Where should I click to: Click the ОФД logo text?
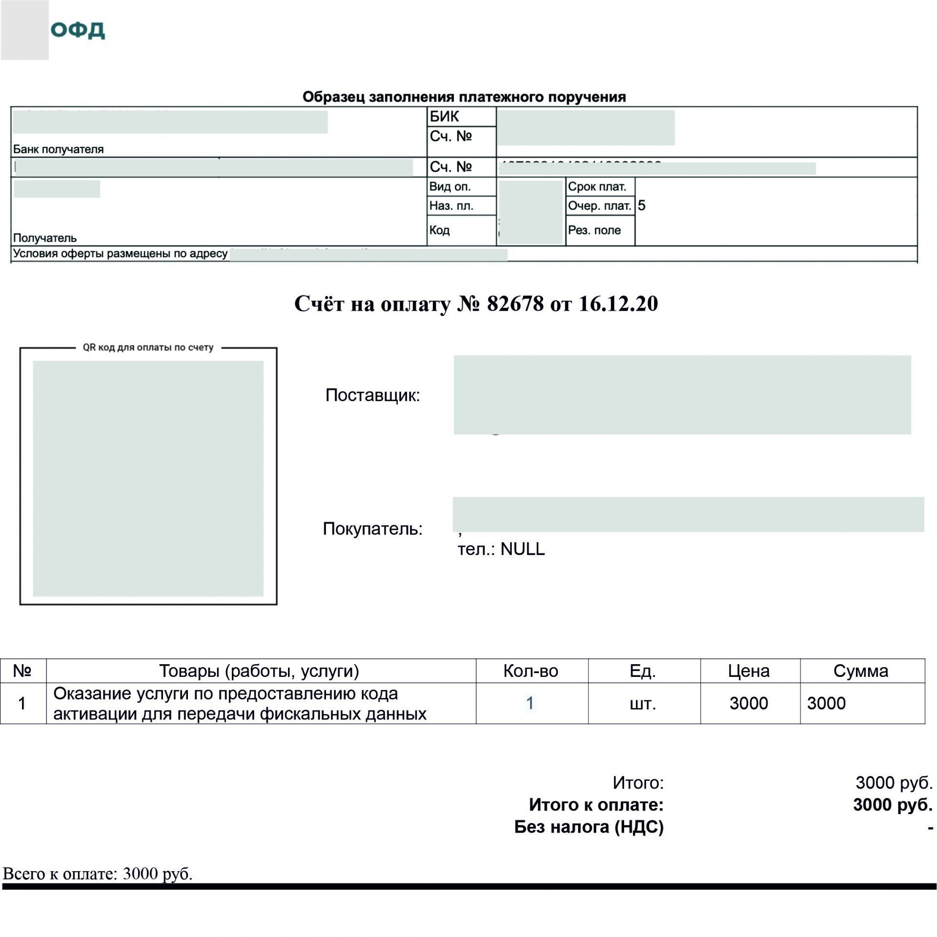(78, 30)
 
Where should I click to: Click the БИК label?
(444, 116)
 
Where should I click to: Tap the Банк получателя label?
(58, 149)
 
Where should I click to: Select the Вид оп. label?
(449, 186)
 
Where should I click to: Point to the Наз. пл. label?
(451, 205)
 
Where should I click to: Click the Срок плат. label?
(597, 186)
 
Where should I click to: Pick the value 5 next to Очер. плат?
(641, 205)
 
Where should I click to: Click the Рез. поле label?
(594, 230)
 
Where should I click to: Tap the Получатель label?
(44, 238)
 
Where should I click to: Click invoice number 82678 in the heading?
(515, 304)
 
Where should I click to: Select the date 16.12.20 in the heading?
(618, 304)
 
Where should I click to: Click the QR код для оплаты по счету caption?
(148, 347)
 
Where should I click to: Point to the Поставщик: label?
(372, 395)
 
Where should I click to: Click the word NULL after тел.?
(522, 549)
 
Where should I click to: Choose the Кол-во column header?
(530, 671)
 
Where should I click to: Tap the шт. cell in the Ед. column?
(643, 703)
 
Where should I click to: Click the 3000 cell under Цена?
(749, 703)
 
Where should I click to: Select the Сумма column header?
(860, 671)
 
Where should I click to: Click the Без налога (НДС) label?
(589, 827)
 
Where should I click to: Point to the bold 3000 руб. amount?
(892, 804)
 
